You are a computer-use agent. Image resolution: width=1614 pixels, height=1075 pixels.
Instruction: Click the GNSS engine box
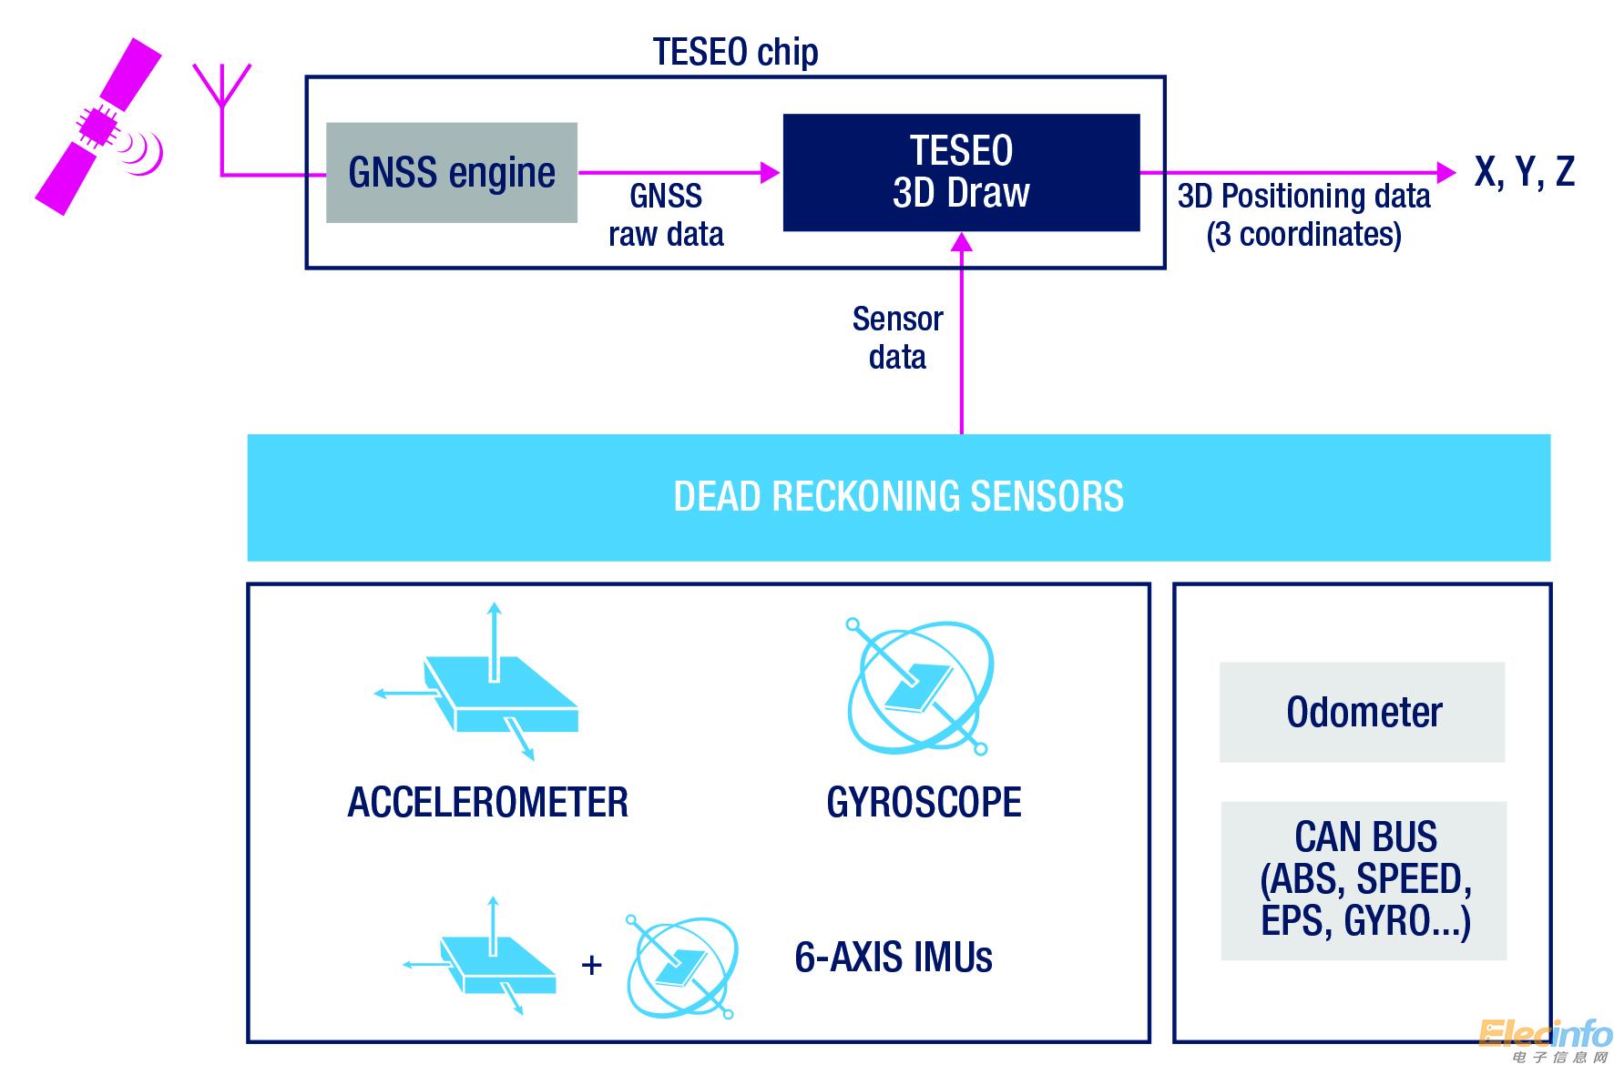(x=452, y=173)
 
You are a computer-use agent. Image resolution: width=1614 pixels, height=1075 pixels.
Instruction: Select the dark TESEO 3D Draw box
(x=961, y=172)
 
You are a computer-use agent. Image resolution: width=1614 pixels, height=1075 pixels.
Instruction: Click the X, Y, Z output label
(x=1524, y=171)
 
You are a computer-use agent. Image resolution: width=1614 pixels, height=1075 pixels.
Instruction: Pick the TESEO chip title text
(x=735, y=52)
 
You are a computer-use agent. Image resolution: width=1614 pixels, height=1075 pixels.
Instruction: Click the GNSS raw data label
(x=666, y=215)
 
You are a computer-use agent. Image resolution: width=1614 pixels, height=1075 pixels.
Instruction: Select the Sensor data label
(x=897, y=338)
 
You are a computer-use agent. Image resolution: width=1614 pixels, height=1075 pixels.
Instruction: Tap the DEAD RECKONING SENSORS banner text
(x=898, y=497)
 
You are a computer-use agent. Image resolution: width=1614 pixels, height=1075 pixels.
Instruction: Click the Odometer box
(x=1363, y=712)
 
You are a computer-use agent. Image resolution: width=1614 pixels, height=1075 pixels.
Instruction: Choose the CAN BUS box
(x=1364, y=879)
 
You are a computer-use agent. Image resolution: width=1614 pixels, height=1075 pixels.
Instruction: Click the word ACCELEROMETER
(x=488, y=802)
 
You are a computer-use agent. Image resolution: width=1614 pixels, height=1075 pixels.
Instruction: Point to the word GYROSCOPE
(x=924, y=802)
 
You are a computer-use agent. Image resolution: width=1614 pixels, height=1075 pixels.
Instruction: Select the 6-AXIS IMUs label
(x=893, y=958)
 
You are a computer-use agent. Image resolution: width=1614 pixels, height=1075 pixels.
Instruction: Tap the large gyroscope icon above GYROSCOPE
(x=920, y=688)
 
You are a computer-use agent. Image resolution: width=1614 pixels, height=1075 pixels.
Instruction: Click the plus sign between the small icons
(x=591, y=965)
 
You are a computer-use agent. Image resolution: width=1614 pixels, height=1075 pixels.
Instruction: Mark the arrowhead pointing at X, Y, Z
(x=1446, y=171)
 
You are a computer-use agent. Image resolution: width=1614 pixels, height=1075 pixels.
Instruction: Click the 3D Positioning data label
(x=1303, y=215)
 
